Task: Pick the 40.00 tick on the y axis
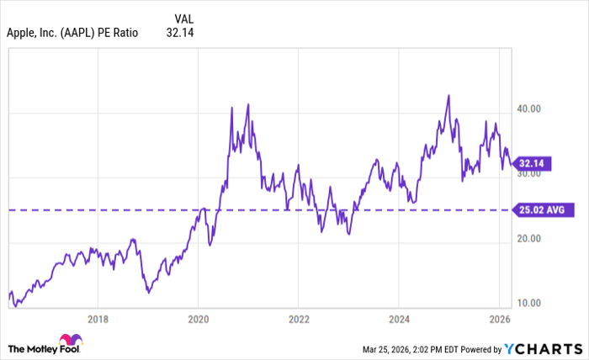[528, 109]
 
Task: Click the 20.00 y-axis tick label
[528, 238]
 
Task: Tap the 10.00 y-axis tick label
[528, 303]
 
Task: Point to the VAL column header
[184, 19]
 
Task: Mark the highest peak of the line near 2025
[448, 95]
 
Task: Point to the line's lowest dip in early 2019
[148, 293]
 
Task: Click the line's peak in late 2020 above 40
[247, 104]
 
